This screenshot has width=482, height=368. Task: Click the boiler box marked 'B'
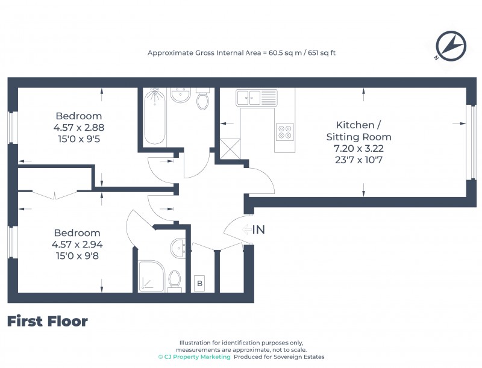tap(199, 282)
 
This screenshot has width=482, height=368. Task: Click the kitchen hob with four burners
tap(284, 131)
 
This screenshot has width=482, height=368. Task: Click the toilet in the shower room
tap(175, 279)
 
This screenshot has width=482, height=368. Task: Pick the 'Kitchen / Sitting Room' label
tap(358, 131)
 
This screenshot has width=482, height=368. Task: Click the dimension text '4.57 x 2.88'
tap(78, 127)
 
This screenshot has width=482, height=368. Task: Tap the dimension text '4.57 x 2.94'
tap(78, 244)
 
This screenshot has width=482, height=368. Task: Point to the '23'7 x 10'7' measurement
tap(358, 160)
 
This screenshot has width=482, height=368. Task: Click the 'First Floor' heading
tap(47, 322)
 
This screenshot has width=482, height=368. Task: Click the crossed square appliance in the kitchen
tap(230, 148)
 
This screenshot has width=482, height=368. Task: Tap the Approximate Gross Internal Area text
tap(242, 53)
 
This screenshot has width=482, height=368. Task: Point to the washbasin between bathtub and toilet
tap(180, 95)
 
